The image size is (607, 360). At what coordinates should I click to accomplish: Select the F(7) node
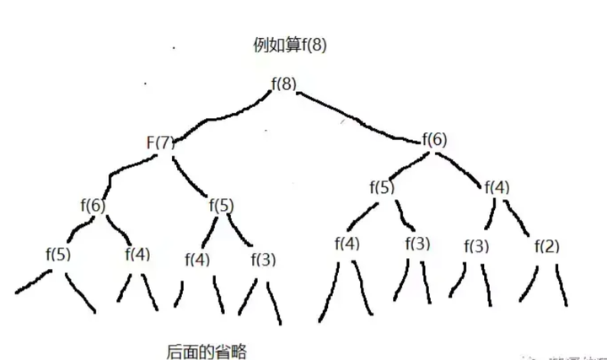pos(159,142)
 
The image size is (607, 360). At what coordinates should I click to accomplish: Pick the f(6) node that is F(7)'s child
pos(93,204)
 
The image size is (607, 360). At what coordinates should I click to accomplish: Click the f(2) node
pos(546,246)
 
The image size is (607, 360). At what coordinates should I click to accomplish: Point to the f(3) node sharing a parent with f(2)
pos(476,246)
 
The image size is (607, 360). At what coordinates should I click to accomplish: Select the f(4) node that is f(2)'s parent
pos(498,187)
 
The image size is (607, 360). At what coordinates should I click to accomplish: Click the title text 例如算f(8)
pos(289,45)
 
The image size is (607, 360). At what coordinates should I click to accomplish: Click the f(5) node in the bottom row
pos(60,252)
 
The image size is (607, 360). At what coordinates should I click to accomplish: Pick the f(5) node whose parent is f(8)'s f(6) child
pos(381,187)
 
